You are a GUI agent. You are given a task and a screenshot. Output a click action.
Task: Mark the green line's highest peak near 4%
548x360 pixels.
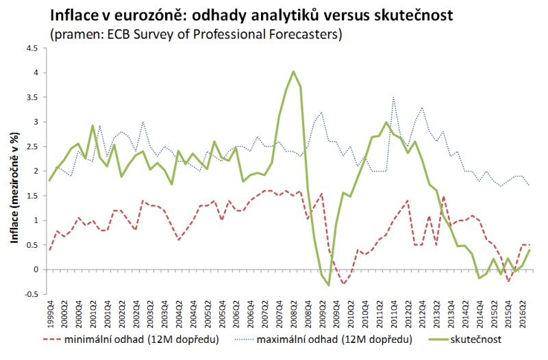pos(293,71)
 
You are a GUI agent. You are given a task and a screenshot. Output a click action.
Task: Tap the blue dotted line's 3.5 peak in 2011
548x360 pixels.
pos(393,97)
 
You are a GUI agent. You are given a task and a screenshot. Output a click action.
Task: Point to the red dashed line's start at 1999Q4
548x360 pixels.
pos(50,250)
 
